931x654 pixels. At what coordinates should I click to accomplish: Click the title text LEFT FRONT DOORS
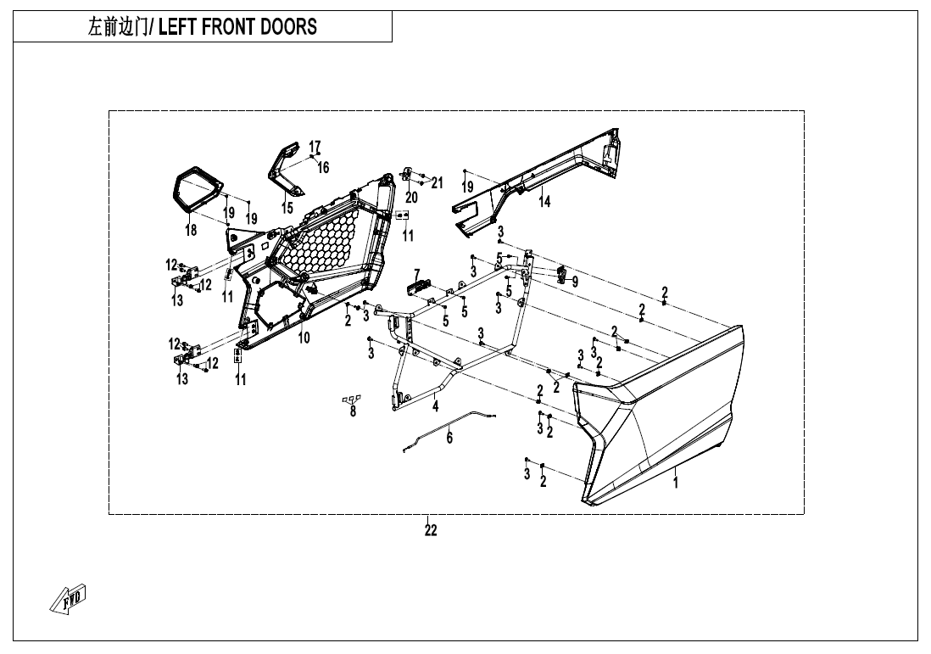pos(237,26)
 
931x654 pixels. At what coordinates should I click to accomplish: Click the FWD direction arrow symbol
pos(70,599)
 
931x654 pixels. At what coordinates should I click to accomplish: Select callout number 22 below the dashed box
pos(431,531)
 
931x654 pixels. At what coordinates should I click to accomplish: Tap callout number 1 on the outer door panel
pos(676,483)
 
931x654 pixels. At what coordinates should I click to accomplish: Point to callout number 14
pos(545,202)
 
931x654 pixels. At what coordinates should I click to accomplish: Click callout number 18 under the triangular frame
pos(191,230)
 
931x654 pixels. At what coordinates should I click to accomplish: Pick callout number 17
pos(315,145)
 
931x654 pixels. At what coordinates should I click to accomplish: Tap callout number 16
pos(323,168)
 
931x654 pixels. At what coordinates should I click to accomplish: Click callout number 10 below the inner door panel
pos(304,338)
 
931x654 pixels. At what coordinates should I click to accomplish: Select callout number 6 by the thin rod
pos(449,438)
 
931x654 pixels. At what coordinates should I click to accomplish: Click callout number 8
pos(353,413)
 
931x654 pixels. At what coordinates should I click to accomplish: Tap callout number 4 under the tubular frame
pos(436,406)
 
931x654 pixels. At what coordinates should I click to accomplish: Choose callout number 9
pos(575,281)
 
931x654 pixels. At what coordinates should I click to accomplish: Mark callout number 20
pos(412,198)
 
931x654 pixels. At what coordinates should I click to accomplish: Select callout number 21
pos(438,182)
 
